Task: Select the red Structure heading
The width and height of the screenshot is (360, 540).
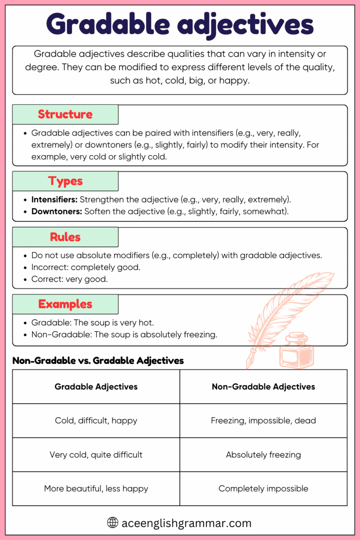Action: click(x=65, y=114)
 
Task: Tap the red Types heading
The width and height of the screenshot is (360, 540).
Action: click(x=65, y=181)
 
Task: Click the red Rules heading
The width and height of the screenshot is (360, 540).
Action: click(x=65, y=237)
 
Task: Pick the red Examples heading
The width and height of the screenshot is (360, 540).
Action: click(x=65, y=304)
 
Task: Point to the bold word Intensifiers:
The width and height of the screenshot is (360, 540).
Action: click(x=54, y=200)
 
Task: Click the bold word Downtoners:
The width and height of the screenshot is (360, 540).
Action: click(x=56, y=212)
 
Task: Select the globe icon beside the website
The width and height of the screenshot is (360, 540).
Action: click(x=113, y=523)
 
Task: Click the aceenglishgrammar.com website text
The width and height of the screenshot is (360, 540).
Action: click(x=186, y=523)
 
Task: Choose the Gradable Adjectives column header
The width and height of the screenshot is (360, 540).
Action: click(x=96, y=387)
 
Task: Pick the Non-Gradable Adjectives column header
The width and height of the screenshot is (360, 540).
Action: click(x=263, y=387)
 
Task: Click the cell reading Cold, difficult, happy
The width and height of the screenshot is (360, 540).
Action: click(x=96, y=420)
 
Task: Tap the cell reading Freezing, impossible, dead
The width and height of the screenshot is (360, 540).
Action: click(x=263, y=420)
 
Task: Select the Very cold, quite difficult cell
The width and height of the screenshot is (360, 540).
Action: click(x=96, y=455)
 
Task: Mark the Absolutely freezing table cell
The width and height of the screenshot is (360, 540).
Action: click(x=263, y=455)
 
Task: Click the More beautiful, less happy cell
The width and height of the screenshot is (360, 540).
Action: click(x=96, y=488)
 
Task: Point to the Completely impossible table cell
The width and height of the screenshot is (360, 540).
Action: click(x=263, y=488)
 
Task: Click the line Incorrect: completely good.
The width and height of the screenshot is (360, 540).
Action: click(x=86, y=268)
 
